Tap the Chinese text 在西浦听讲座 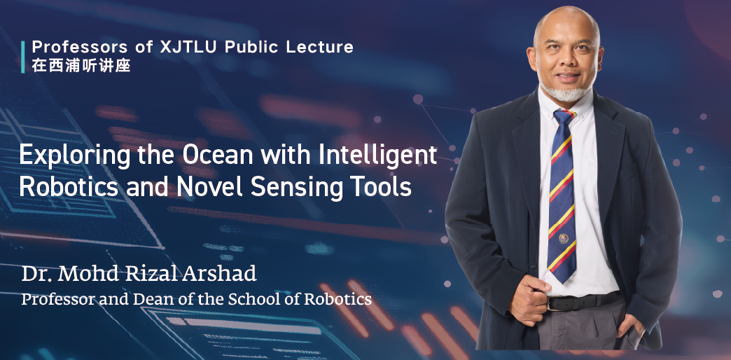(81, 66)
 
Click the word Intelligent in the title (379, 155)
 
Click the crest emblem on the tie (562, 239)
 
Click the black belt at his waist (581, 303)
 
